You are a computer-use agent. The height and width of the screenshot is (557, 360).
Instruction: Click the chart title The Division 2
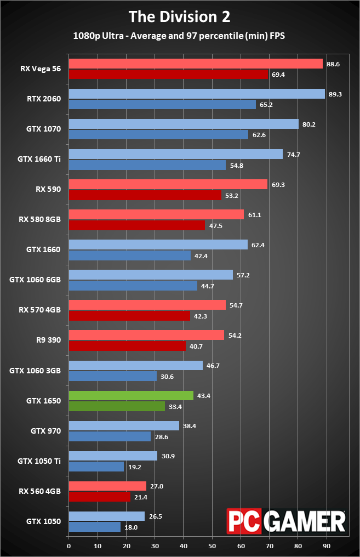(179, 16)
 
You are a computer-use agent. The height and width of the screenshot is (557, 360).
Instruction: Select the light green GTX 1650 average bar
(131, 395)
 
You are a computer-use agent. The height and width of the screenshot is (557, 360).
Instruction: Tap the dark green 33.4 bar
(117, 406)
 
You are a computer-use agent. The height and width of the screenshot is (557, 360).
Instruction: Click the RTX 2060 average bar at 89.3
(197, 94)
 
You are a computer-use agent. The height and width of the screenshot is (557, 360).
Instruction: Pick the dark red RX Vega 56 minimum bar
(168, 74)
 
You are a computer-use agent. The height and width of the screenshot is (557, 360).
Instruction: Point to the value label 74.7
(294, 155)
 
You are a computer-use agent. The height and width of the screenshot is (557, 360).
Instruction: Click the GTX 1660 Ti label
(39, 159)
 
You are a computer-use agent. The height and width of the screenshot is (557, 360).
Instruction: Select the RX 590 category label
(48, 189)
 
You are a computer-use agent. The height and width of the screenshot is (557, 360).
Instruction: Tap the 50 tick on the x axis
(212, 546)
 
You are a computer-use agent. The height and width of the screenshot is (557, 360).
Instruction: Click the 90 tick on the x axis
(327, 546)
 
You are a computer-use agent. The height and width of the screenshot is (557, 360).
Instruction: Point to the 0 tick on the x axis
(69, 546)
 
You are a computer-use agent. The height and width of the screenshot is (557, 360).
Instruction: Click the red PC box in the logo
(244, 521)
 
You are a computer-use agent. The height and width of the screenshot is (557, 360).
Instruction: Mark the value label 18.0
(131, 527)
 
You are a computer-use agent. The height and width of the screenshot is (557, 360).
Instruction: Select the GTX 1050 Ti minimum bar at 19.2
(96, 467)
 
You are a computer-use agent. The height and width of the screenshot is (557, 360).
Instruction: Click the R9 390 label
(48, 340)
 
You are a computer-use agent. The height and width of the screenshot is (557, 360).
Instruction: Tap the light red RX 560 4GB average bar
(107, 486)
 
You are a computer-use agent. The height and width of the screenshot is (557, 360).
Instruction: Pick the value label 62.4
(258, 245)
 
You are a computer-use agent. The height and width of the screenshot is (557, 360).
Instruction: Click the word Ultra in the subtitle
(113, 36)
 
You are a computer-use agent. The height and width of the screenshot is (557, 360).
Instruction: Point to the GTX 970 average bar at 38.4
(124, 425)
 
